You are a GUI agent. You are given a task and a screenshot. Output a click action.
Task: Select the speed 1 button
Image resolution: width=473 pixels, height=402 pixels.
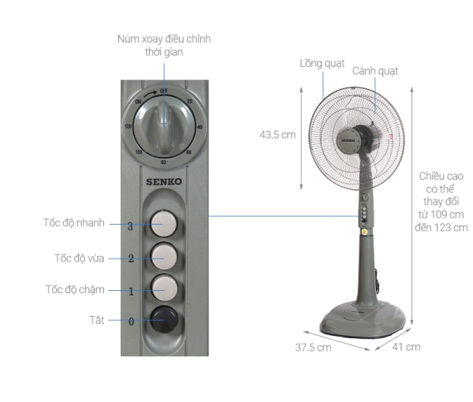tap(164, 287)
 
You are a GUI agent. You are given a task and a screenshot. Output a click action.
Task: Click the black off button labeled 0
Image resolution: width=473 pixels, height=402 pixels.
tap(164, 319)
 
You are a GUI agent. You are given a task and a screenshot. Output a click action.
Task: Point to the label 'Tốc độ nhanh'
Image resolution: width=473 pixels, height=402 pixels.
tap(73, 223)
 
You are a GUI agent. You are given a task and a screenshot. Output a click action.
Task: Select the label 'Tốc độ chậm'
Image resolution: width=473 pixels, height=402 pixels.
tap(74, 289)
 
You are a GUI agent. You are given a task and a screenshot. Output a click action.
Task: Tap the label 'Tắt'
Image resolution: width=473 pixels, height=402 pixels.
tap(95, 320)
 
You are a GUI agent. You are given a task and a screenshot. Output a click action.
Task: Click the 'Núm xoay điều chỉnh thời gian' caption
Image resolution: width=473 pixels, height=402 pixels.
tap(164, 45)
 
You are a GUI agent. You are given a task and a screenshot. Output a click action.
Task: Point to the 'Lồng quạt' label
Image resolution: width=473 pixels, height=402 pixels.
tap(322, 63)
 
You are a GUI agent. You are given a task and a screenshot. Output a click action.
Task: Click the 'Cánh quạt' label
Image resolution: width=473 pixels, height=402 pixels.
tap(374, 71)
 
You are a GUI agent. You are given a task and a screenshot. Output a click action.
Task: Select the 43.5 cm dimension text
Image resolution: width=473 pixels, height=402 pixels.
tap(277, 134)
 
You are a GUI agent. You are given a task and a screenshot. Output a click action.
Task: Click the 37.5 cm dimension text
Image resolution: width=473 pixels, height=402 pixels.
tap(313, 348)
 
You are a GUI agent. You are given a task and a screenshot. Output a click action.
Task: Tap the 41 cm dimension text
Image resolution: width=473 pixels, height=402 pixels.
tap(407, 347)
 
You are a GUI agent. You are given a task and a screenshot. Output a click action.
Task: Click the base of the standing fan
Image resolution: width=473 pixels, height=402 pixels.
tap(364, 317)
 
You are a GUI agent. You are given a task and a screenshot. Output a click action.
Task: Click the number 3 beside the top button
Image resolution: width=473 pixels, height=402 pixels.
tap(131, 226)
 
